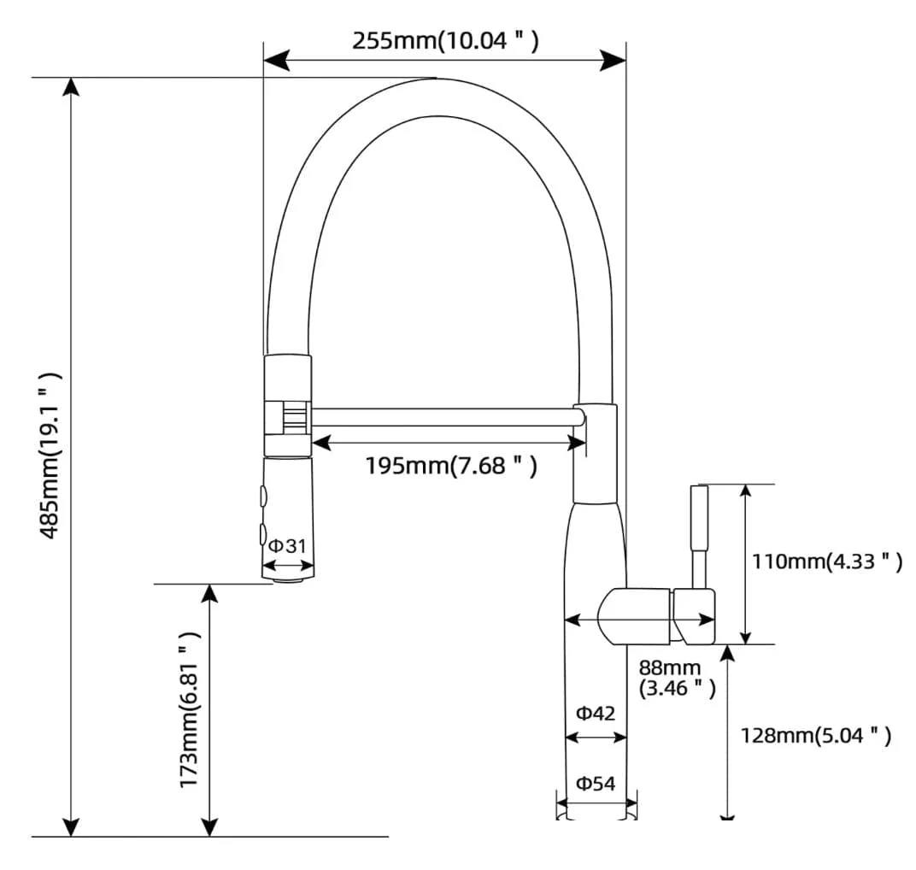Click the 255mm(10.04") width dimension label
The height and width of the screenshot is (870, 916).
tap(445, 41)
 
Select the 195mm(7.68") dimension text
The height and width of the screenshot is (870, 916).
tap(451, 466)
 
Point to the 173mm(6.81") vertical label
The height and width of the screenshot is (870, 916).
tap(190, 709)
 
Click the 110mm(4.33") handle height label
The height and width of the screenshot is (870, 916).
tap(826, 561)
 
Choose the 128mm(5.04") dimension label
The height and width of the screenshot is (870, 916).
tap(816, 735)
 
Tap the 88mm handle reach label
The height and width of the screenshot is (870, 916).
tap(677, 678)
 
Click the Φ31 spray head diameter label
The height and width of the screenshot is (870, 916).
tap(287, 546)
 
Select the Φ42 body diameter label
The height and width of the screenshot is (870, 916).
tap(596, 714)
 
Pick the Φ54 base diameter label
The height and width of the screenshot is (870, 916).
tap(596, 784)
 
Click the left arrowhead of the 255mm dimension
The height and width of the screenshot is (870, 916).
tap(276, 60)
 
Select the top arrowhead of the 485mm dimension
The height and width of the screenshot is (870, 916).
tap(71, 89)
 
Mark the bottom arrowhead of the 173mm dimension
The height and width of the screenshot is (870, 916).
tap(209, 825)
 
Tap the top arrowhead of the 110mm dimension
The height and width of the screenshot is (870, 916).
tap(745, 495)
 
